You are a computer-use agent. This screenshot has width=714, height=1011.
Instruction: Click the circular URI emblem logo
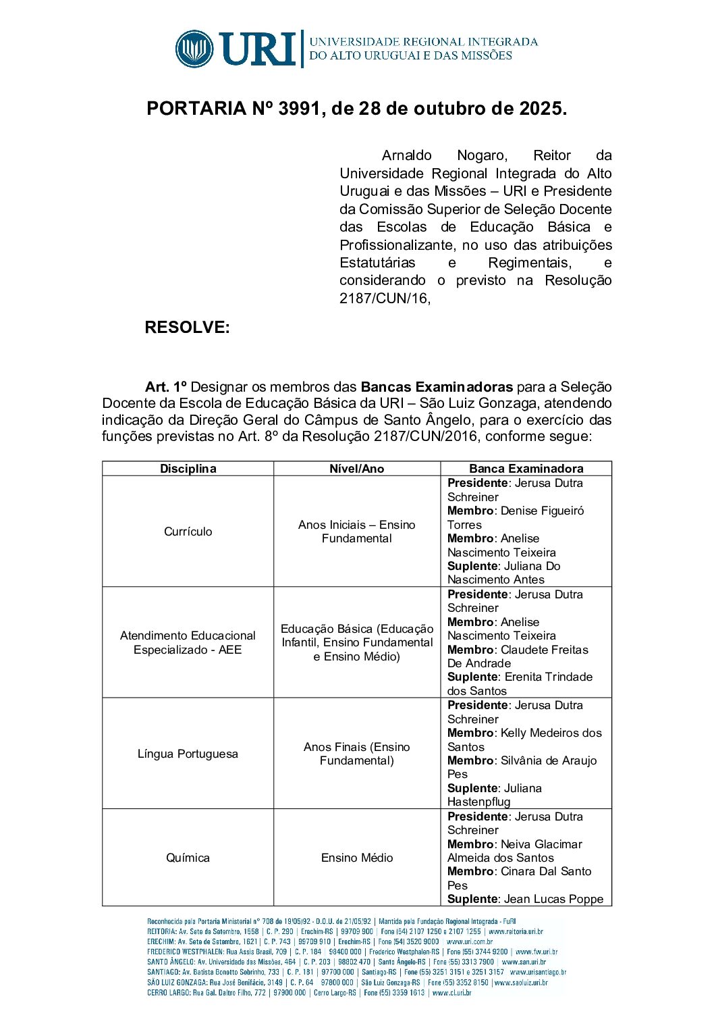[194, 49]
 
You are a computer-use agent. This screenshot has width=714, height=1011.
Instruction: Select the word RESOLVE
[187, 328]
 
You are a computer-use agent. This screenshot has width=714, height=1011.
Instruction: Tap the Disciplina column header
[188, 469]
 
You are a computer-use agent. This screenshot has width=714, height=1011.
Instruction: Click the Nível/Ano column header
[356, 469]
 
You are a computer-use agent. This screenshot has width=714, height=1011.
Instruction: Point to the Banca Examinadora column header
[526, 469]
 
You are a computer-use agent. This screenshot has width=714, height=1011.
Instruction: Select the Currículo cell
[188, 532]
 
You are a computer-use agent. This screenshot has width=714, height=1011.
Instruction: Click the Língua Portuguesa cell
[188, 754]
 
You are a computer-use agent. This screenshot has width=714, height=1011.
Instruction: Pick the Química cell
[188, 858]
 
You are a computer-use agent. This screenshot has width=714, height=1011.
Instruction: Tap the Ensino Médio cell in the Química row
[356, 858]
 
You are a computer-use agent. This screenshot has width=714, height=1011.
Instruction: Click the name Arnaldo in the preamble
[406, 156]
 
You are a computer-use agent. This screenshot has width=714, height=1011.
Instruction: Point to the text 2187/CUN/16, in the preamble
[385, 299]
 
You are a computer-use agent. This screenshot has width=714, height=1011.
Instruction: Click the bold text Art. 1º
[165, 387]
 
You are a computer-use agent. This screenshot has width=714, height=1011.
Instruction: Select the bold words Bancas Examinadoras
[437, 387]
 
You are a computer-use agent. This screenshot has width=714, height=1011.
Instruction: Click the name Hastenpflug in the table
[478, 802]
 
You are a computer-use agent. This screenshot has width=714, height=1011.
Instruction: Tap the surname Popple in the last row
[586, 899]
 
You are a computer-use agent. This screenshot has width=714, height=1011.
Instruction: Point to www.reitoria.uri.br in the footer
[516, 931]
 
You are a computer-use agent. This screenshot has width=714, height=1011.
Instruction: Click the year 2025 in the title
[540, 109]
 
